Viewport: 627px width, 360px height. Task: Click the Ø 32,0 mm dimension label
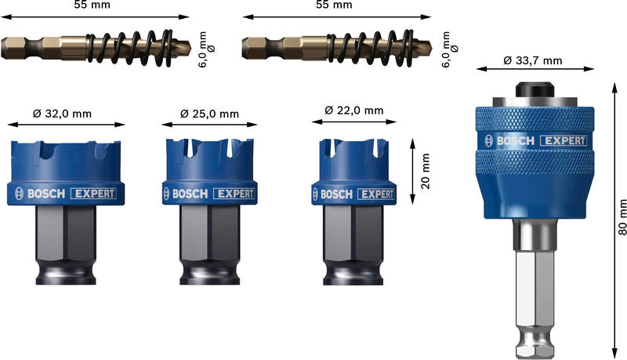coord(63,114)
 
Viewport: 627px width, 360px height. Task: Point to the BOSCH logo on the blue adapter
coord(513,141)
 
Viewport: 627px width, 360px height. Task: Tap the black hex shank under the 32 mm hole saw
coord(67,243)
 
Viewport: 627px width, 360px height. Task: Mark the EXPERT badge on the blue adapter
coord(563,141)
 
